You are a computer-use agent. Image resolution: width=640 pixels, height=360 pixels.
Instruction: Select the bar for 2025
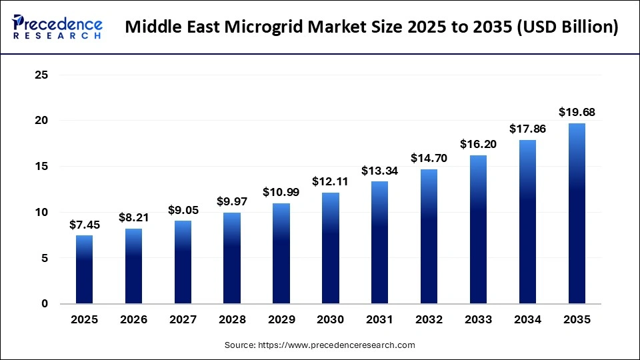coord(84,269)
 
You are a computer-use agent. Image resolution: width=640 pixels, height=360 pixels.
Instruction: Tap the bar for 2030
coord(331,248)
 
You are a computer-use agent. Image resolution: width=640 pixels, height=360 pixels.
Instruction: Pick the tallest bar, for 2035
coord(577,213)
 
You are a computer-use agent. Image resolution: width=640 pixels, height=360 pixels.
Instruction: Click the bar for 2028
coord(232,258)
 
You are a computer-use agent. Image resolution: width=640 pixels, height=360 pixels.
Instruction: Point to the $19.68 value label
coord(577,111)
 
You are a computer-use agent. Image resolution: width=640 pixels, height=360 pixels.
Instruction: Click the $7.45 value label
coord(84,224)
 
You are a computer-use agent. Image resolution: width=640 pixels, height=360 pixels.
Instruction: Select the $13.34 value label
coord(380,170)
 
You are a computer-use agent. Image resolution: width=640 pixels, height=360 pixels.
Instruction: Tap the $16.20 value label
coord(479,144)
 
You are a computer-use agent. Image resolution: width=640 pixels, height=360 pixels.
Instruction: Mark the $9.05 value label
coord(183,209)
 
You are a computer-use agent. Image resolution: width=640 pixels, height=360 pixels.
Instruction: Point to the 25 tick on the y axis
coord(41,75)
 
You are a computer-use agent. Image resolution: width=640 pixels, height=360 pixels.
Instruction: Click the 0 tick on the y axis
coord(45,304)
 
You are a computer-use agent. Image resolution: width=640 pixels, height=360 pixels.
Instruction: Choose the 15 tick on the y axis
coord(41,167)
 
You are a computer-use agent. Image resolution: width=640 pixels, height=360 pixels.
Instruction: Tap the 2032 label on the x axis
coord(429,320)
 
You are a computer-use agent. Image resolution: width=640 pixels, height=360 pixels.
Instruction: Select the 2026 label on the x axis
coord(133,320)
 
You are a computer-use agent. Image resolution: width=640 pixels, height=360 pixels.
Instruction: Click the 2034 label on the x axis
coord(527,320)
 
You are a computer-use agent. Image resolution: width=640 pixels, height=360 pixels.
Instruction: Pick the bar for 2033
coord(479,229)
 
